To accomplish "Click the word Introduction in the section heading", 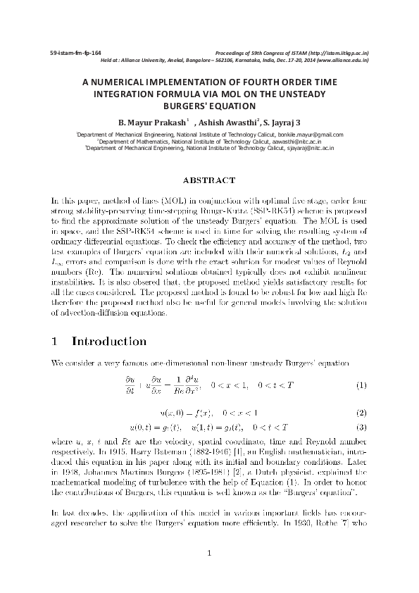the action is click(109, 342).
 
